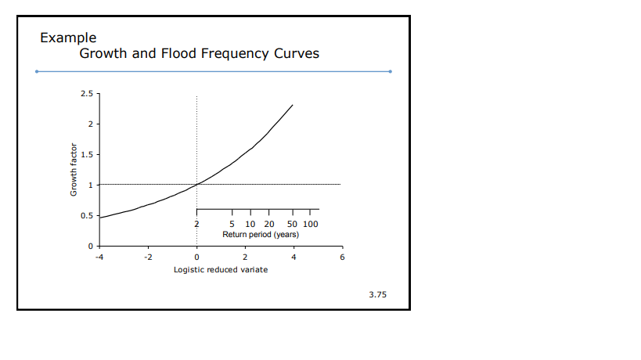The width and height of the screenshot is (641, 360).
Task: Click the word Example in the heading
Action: point(68,38)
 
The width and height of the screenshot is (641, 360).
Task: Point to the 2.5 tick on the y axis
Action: point(87,94)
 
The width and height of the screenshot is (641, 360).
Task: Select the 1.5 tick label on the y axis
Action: point(87,155)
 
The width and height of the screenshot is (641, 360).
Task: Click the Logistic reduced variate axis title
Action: point(220,269)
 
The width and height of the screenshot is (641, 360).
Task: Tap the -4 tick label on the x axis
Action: point(99,257)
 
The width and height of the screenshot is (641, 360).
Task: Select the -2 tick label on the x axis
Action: point(147,257)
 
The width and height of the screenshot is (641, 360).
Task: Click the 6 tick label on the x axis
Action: point(341,257)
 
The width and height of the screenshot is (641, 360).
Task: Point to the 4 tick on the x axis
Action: point(293,257)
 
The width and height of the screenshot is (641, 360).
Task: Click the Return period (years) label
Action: point(260,234)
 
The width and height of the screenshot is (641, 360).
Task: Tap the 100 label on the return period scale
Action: point(311,225)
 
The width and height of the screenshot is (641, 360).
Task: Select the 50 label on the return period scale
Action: point(292,225)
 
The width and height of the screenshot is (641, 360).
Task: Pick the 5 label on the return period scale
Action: point(232,225)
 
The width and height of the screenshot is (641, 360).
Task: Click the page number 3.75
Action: point(377,295)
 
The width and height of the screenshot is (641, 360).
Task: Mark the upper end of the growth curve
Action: point(293,105)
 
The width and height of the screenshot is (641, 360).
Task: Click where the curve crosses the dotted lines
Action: point(196,185)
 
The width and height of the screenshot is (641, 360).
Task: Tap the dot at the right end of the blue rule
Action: point(390,71)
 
